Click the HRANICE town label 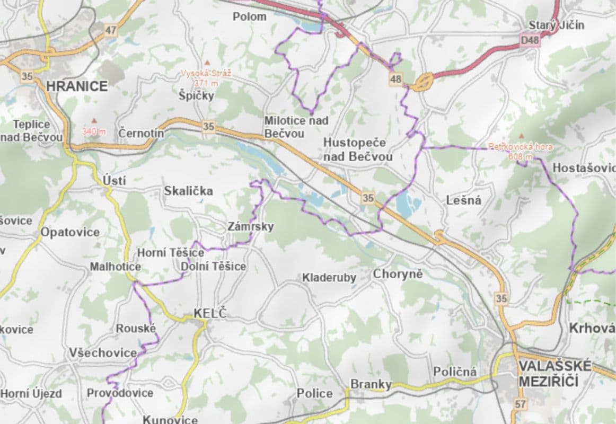(77, 86)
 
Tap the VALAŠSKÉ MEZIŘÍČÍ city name (554, 373)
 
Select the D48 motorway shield (530, 40)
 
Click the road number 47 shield (110, 30)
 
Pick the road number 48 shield (395, 79)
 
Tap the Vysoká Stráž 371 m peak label (206, 78)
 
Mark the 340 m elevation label (94, 131)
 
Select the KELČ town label (210, 313)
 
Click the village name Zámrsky (251, 227)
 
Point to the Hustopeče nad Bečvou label (358, 149)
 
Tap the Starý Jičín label (556, 25)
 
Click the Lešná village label (463, 200)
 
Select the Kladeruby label (329, 277)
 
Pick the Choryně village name (398, 274)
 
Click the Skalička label (188, 191)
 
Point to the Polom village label (250, 16)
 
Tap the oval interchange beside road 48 (424, 82)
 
